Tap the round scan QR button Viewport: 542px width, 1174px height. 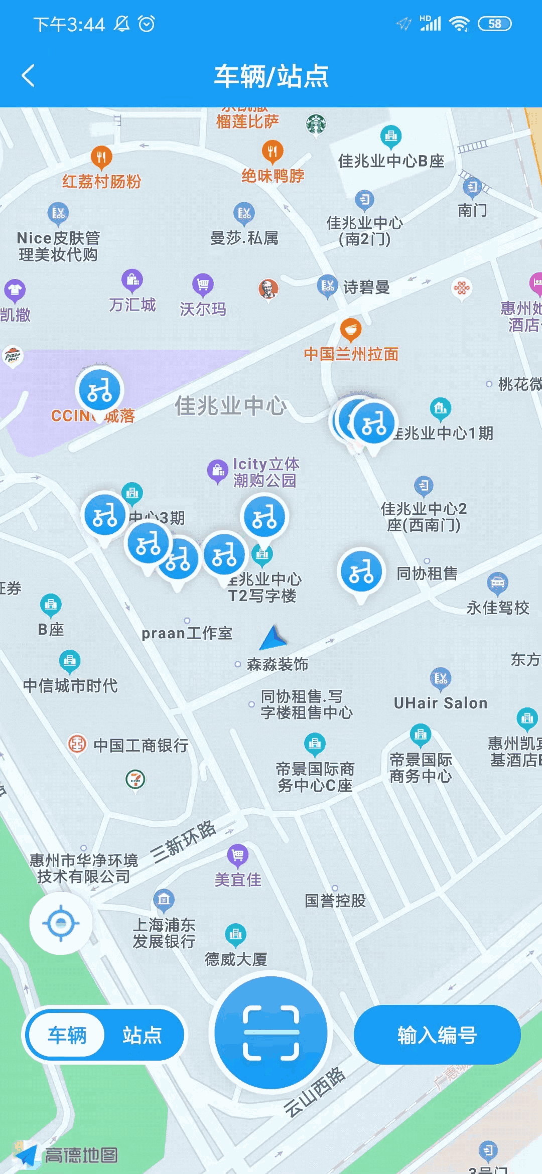271,1033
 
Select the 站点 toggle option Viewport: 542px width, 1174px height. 142,1035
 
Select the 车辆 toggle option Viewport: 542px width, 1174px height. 67,1035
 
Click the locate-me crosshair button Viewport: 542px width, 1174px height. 61,923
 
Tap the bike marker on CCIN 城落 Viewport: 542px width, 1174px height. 99,390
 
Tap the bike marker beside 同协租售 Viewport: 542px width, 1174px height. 361,571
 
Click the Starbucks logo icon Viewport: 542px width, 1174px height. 316,123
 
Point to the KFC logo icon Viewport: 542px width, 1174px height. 268,288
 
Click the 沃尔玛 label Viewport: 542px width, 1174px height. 203,309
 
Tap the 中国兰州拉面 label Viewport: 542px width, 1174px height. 351,354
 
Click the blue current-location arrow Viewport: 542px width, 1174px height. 274,638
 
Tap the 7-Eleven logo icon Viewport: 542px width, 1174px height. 135,779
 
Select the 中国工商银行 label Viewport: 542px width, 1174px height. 141,746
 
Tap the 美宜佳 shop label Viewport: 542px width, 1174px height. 238,879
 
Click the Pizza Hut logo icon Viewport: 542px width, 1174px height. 12,356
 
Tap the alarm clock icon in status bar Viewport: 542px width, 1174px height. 147,24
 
